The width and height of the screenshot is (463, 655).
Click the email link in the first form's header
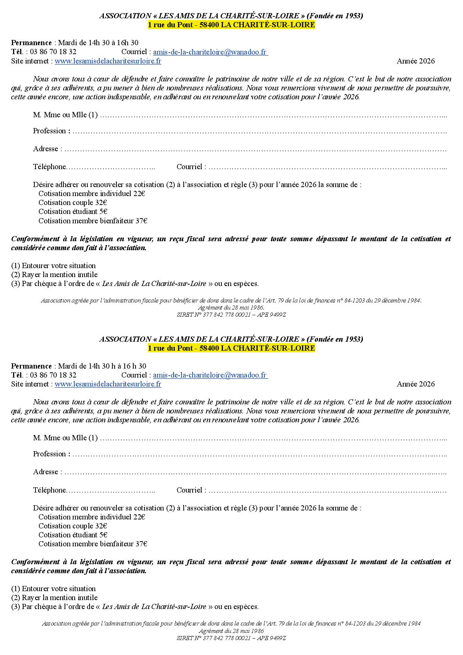(210, 52)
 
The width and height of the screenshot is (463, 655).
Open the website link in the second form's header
(108, 384)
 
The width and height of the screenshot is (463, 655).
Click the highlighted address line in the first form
(231, 25)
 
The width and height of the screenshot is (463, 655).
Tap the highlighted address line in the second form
(231, 348)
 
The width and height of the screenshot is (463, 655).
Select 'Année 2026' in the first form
(416, 61)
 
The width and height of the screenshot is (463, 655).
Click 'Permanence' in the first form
(31, 43)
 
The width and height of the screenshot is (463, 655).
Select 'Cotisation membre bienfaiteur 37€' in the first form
(93, 221)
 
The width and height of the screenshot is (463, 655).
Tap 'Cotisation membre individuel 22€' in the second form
(91, 517)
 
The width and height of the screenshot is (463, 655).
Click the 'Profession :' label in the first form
(52, 131)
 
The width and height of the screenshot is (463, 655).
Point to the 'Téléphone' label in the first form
(50, 167)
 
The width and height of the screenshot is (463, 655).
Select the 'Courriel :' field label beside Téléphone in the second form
(191, 490)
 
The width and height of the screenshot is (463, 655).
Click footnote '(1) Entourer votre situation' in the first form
(53, 266)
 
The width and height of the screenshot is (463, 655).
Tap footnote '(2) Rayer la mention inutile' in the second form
(55, 598)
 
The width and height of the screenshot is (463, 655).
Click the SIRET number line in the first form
(231, 315)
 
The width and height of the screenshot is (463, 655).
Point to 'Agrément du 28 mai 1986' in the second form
(231, 631)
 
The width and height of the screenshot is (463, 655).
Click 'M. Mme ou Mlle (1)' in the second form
(65, 438)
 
